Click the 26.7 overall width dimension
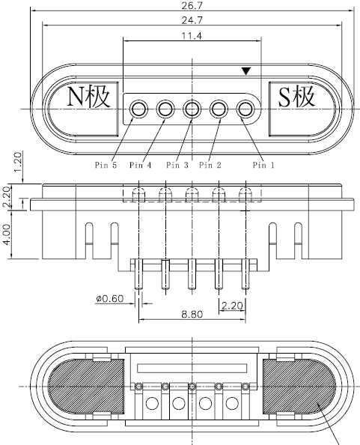click(192, 6)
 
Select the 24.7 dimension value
click(192, 20)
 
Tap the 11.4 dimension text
click(192, 36)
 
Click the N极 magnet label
click(89, 97)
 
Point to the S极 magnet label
click(296, 97)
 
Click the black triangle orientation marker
click(245, 71)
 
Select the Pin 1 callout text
click(263, 165)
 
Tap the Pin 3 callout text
click(177, 165)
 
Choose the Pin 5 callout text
click(106, 165)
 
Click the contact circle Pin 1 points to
click(245, 109)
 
